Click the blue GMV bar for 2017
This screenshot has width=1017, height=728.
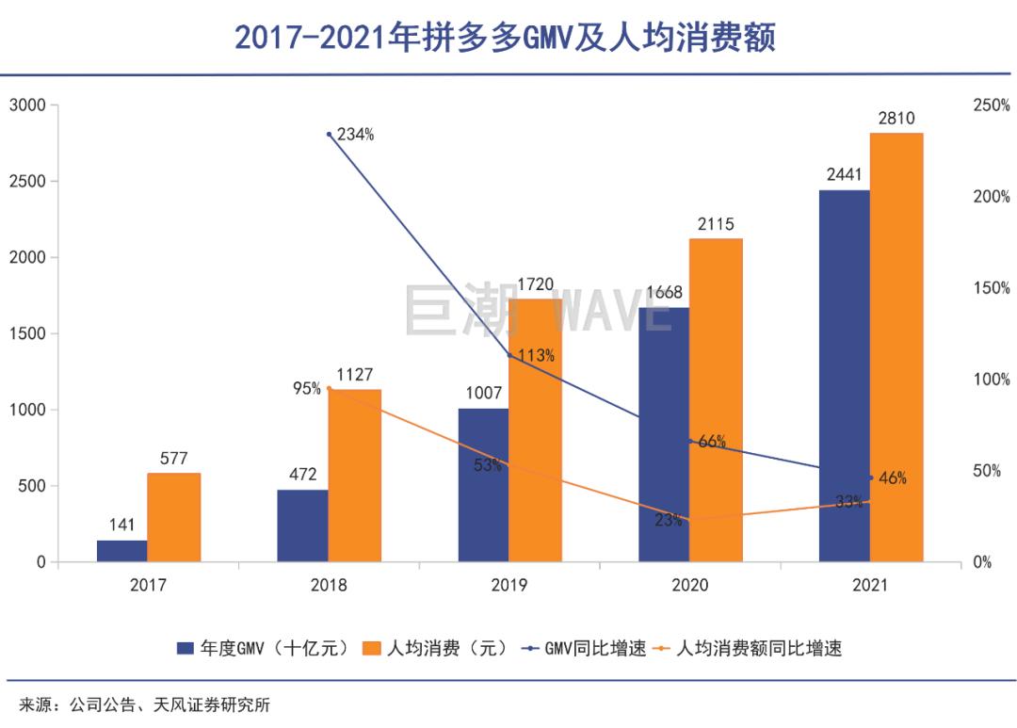[x=121, y=551]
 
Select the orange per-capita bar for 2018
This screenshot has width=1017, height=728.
[x=354, y=476]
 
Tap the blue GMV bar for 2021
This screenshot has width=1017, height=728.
[x=844, y=377]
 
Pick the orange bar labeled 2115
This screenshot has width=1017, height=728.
[x=716, y=400]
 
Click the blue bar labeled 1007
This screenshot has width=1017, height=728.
[x=483, y=485]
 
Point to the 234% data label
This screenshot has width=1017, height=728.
[x=355, y=135]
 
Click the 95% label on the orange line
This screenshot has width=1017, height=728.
[x=307, y=388]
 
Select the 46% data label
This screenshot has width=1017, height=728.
[x=892, y=478]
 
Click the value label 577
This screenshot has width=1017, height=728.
[x=173, y=459]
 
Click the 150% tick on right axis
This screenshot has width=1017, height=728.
[x=991, y=288]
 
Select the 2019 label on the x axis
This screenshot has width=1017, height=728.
[x=508, y=586]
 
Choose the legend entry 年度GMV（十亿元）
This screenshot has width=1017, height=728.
[x=264, y=648]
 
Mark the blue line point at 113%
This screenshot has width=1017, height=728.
[x=509, y=355]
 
